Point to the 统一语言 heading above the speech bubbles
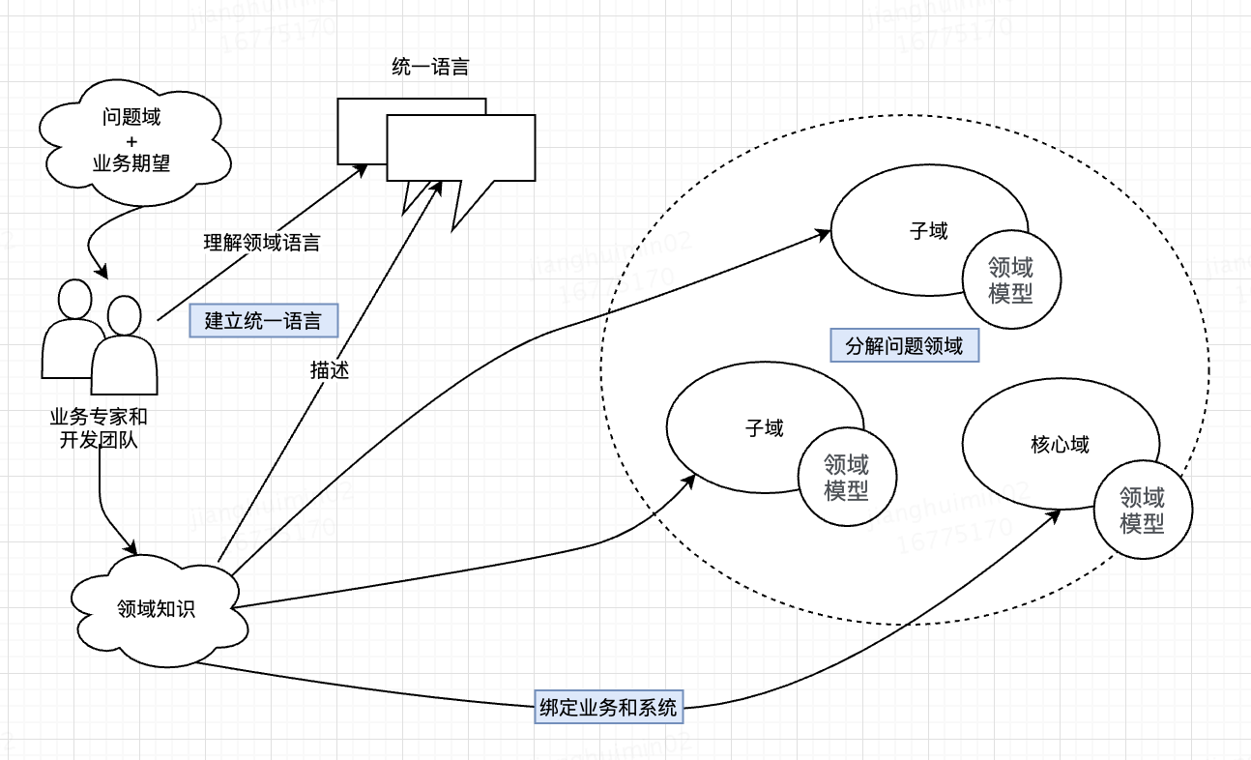coord(431,68)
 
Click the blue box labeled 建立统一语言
coord(263,321)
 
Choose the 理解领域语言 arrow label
coord(262,244)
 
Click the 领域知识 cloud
coord(156,609)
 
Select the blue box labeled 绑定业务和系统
coord(608,707)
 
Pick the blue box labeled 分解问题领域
coord(904,345)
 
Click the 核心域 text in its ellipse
coord(1060,445)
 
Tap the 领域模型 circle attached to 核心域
coord(1142,511)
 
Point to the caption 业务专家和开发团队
coord(99,430)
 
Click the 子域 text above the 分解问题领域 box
coord(928,231)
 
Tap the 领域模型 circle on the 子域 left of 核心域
coord(846,477)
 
